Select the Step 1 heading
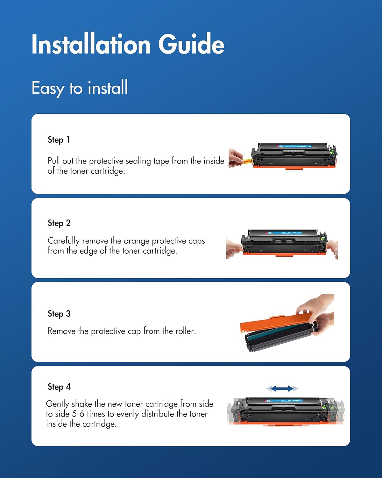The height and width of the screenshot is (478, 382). pyautogui.click(x=59, y=140)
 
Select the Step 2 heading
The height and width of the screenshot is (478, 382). pyautogui.click(x=59, y=223)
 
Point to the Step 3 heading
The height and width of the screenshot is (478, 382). pyautogui.click(x=59, y=314)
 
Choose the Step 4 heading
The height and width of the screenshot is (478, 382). pyautogui.click(x=59, y=387)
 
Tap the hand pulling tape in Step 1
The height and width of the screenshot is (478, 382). pyautogui.click(x=236, y=158)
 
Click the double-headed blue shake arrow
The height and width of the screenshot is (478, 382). pyautogui.click(x=282, y=388)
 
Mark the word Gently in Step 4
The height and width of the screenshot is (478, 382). pyautogui.click(x=57, y=404)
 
